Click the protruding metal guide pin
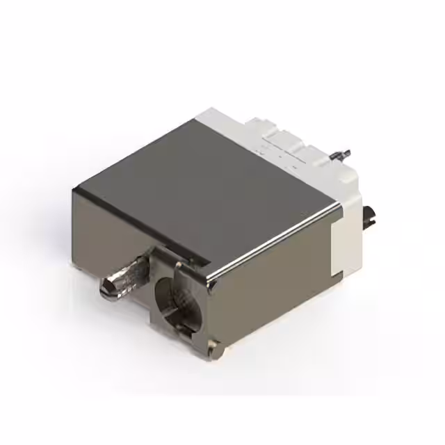(125, 277)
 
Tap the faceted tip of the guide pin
(107, 286)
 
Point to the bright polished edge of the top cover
(278, 237)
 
